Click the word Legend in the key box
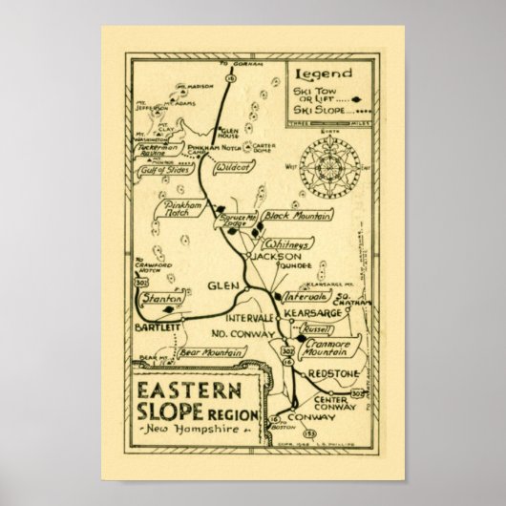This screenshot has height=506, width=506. coord(324,74)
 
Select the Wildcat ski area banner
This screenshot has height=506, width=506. coord(231,166)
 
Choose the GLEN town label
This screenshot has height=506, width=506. coord(219,285)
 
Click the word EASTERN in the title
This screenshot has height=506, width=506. coord(187,392)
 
